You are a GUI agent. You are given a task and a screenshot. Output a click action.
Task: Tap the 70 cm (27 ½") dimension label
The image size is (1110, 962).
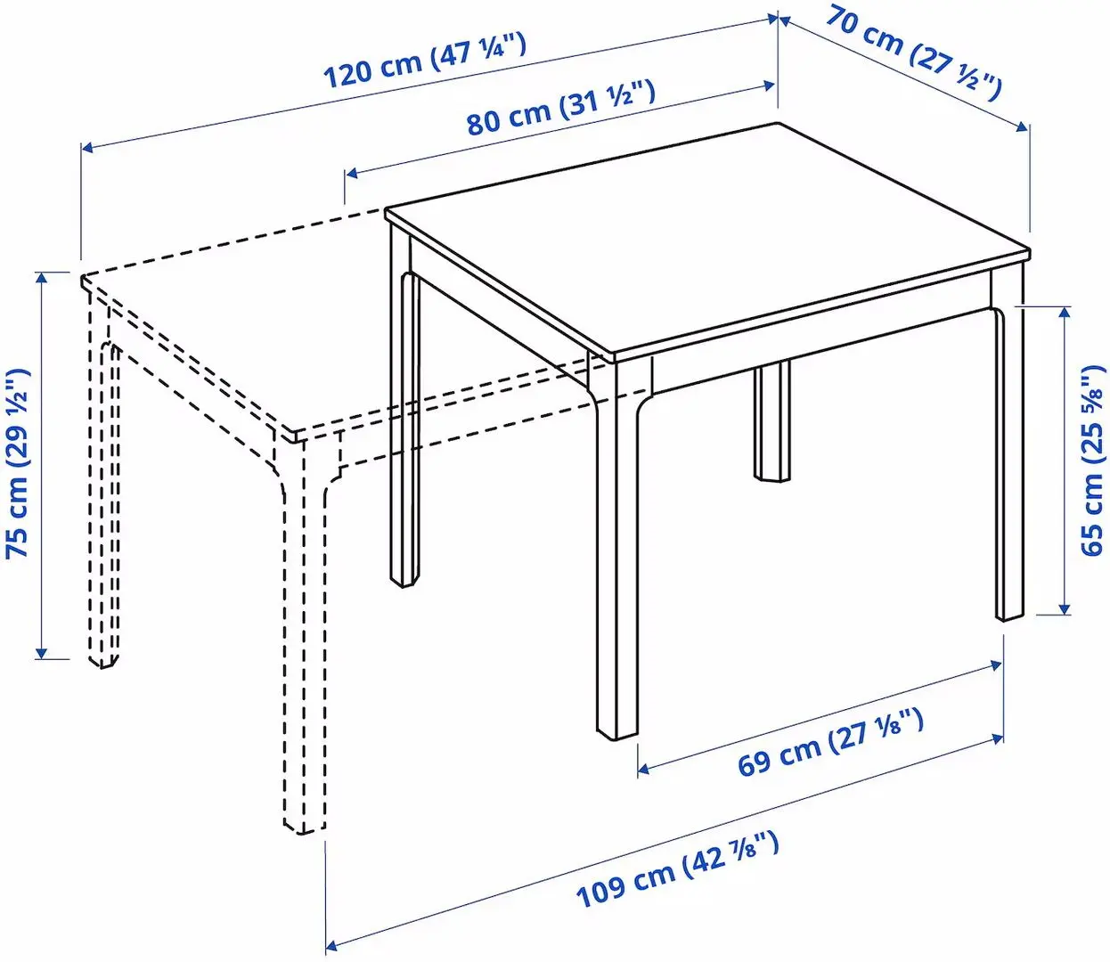coord(913,50)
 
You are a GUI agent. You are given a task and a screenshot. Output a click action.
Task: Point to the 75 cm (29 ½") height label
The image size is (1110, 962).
coord(19,463)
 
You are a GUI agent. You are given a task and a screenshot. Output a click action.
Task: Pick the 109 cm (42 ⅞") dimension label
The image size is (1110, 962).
coord(677,869)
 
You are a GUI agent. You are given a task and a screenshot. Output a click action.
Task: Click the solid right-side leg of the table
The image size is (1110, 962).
coord(1009,463)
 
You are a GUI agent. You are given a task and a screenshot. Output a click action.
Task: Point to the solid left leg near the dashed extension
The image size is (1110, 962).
coord(404,428)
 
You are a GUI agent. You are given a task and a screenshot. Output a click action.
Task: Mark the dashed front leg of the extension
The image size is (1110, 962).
coord(303,641)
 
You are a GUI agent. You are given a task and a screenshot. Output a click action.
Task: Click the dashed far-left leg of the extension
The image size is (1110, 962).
coord(102,499)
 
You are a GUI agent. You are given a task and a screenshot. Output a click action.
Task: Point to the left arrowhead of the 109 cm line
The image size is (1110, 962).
coord(332,943)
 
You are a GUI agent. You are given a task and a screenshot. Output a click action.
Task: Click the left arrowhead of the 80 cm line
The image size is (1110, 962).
coord(352,172)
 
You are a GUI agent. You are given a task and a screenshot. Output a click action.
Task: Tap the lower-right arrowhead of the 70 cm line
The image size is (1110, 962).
coord(1023,128)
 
